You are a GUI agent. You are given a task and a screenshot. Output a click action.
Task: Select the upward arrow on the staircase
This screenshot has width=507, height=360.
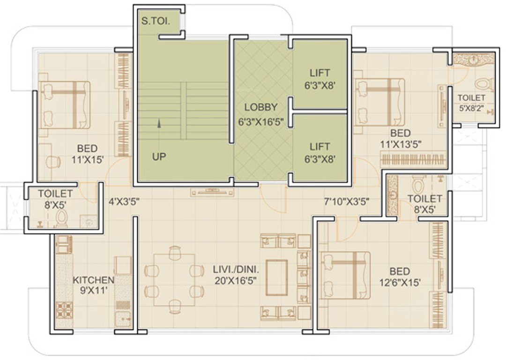pos(159,123)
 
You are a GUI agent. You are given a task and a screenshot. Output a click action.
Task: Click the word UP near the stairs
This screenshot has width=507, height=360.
pos(159,157)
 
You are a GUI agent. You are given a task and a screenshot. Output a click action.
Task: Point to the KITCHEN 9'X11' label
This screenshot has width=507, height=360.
pos(93,285)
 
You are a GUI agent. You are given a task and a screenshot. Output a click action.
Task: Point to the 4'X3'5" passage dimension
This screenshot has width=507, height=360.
pos(124,202)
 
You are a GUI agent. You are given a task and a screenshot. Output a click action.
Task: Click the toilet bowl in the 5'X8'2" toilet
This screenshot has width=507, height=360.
pos(483,85)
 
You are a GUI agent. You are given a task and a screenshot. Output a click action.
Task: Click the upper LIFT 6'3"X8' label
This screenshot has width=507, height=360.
pos(320,77)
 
